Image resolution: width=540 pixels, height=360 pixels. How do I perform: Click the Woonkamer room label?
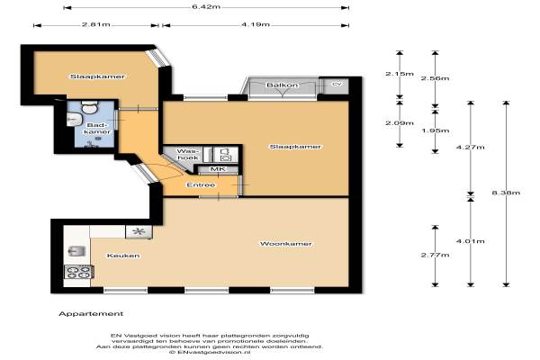click(286, 244)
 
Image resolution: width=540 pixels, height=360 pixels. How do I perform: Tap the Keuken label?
click(123, 256)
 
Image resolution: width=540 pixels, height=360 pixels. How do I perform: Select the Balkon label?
click(283, 85)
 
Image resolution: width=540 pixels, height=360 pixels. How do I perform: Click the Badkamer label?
click(97, 128)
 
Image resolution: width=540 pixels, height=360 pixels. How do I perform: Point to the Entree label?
click(201, 185)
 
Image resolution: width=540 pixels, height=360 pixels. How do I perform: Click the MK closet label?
click(218, 169)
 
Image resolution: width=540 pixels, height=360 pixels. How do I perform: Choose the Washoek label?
click(188, 154)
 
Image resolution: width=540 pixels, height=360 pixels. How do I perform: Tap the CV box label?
click(336, 84)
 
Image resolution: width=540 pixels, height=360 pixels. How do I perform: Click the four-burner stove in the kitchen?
click(78, 272)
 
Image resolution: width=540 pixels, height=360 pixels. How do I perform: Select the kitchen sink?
click(76, 251)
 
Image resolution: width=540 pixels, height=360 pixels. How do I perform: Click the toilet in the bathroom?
click(89, 107)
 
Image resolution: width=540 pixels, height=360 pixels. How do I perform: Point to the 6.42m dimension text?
click(206, 7)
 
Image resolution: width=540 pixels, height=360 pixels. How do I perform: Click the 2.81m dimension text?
click(96, 25)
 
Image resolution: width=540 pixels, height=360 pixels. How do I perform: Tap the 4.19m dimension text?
click(256, 25)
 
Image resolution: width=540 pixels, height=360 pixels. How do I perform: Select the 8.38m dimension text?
click(506, 193)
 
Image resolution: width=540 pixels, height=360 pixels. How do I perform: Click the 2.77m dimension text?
click(435, 255)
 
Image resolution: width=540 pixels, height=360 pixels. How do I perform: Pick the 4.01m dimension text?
click(471, 241)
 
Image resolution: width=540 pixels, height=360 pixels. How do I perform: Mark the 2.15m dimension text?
click(400, 74)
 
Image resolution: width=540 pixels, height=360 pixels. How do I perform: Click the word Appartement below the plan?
click(91, 314)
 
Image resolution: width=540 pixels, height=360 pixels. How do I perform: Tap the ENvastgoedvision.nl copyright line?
click(210, 353)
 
